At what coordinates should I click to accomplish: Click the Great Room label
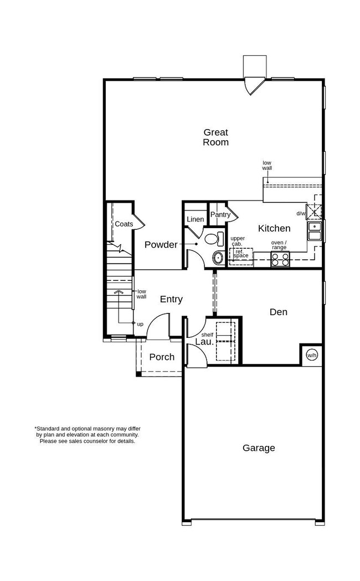point(215,137)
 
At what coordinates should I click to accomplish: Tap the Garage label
point(259,448)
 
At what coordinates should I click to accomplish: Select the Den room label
point(278,312)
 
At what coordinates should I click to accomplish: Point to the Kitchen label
point(274,228)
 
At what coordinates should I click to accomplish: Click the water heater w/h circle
point(312,355)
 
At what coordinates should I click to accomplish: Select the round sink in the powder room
point(218,258)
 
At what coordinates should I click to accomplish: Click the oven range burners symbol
point(280,259)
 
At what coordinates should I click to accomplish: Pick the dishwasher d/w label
point(301,213)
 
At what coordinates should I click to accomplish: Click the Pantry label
point(220,215)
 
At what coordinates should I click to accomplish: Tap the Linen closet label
point(195,219)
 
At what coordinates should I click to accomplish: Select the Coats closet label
point(124,224)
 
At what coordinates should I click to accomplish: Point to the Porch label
point(162,357)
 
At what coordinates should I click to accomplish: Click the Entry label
point(171,299)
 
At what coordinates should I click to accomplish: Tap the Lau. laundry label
point(203,342)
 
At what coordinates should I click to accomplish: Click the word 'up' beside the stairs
point(140,323)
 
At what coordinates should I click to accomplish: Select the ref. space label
point(241,254)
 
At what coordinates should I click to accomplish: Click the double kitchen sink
point(314,232)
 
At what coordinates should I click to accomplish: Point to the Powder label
point(161,244)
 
